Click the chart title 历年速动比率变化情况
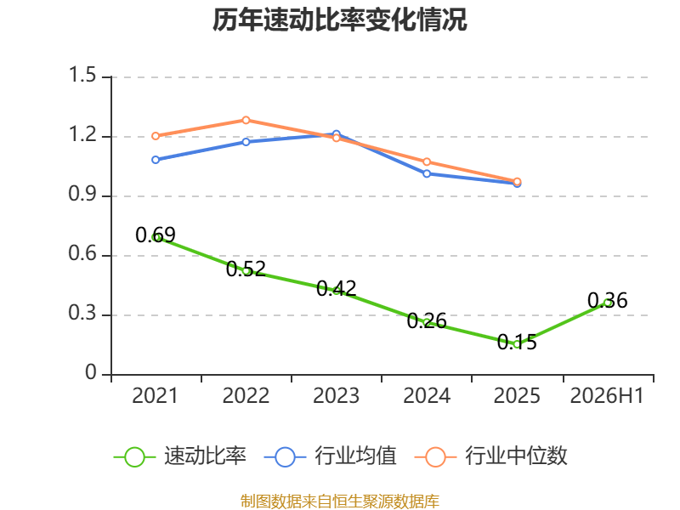[339, 20]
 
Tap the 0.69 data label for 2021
[156, 235]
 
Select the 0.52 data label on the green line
[246, 269]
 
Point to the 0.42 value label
[336, 289]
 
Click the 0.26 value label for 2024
[427, 321]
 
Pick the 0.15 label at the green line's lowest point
[517, 343]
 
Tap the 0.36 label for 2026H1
[607, 301]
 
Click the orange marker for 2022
[246, 120]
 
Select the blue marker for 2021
[156, 160]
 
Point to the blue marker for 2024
[427, 174]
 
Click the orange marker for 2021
[156, 136]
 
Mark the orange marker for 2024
[427, 161]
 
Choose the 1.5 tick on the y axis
[82, 75]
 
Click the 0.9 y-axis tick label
[82, 195]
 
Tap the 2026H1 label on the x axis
[607, 396]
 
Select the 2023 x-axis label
[336, 396]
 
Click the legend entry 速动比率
[180, 456]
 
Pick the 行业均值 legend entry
[331, 456]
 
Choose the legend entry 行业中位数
[491, 456]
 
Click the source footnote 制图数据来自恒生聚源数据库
[339, 501]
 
